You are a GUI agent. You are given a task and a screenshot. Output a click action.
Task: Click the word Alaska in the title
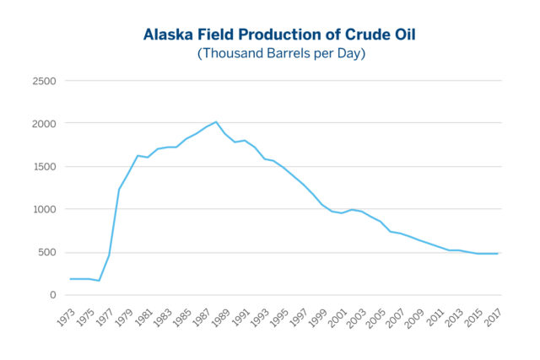pyautogui.click(x=168, y=35)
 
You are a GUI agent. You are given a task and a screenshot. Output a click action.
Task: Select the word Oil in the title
pyautogui.click(x=405, y=35)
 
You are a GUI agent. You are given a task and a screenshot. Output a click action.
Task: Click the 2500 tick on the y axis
pyautogui.click(x=44, y=81)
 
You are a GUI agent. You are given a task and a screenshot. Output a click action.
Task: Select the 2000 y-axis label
pyautogui.click(x=44, y=124)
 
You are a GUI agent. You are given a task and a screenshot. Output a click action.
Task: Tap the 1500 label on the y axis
pyautogui.click(x=44, y=167)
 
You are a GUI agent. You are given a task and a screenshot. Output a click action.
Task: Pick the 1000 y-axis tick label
pyautogui.click(x=44, y=210)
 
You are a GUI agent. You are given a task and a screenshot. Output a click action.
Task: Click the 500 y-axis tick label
pyautogui.click(x=47, y=252)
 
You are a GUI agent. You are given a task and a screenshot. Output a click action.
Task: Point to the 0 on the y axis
pyautogui.click(x=52, y=295)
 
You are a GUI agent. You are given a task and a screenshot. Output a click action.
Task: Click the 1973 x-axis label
pyautogui.click(x=66, y=318)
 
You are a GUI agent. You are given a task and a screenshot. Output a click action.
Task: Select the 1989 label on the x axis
pyautogui.click(x=220, y=318)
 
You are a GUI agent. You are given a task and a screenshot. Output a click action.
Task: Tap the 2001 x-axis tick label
pyautogui.click(x=337, y=318)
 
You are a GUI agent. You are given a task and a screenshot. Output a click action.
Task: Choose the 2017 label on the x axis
pyautogui.click(x=493, y=318)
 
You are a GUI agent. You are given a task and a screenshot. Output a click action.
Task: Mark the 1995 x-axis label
pyautogui.click(x=278, y=318)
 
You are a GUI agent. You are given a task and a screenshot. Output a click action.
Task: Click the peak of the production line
pyautogui.click(x=216, y=122)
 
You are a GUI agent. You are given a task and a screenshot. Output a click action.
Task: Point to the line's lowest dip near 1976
pyautogui.click(x=100, y=281)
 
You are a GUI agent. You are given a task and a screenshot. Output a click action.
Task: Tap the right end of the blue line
pyautogui.click(x=498, y=254)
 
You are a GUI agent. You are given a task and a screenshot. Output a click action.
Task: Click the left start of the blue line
pyautogui.click(x=70, y=279)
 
